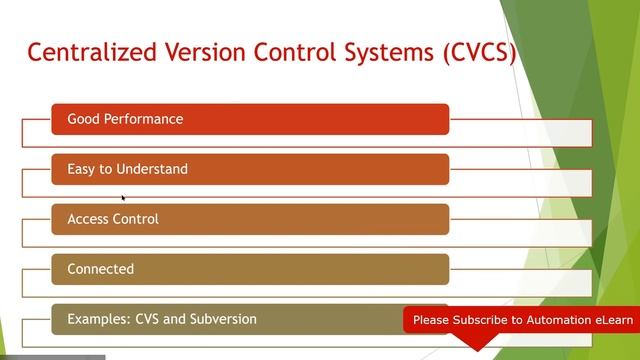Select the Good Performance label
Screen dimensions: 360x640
pos(125,119)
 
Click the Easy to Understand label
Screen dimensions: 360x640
pos(127,169)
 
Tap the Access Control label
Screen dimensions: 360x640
pos(112,219)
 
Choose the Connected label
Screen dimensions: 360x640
pos(100,269)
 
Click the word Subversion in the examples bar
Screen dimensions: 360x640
pos(222,319)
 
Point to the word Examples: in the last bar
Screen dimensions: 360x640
pos(98,319)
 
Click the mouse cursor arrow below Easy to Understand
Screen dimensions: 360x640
pos(123,198)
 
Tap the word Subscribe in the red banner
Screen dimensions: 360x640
pos(480,320)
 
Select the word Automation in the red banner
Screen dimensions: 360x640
pos(562,320)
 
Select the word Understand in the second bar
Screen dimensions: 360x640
pos(151,169)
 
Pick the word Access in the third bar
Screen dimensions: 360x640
pos(88,219)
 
